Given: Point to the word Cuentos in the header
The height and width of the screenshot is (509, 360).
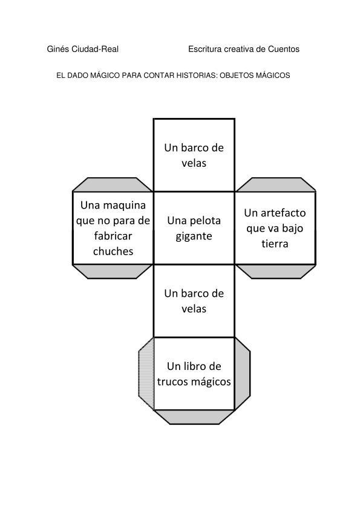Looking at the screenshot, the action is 284,49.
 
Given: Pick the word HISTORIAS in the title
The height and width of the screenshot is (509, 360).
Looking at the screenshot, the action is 197,76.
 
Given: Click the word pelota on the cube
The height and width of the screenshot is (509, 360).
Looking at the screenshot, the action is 205,221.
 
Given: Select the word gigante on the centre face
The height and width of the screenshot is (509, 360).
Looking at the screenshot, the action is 194,236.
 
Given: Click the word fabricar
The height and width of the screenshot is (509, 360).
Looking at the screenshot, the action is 113,236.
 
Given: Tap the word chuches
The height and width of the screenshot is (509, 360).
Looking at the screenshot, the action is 113,251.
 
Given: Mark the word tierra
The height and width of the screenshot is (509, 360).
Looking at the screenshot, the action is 275,244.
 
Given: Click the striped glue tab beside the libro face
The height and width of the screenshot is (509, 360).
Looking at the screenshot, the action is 146,374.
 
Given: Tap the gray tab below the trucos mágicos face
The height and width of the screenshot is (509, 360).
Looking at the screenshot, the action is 194,417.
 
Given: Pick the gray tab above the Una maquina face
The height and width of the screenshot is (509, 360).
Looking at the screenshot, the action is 113,185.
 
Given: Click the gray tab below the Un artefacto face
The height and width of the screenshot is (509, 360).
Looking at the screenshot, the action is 276,271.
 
